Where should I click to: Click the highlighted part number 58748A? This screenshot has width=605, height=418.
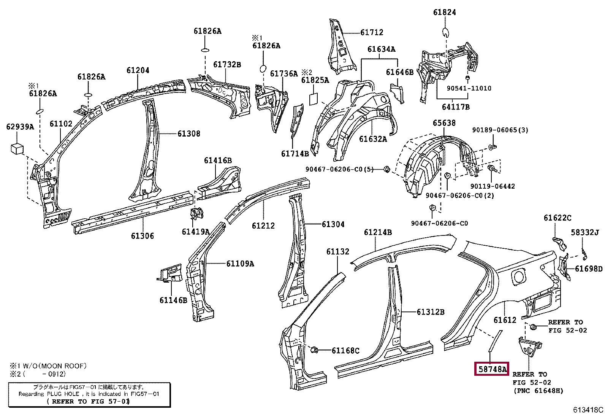point(492,369)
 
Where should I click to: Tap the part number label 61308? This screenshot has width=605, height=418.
point(188,134)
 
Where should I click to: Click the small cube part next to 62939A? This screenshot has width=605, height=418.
point(17,148)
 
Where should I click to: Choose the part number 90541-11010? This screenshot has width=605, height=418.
point(469,88)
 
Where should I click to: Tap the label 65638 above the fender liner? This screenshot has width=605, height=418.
point(444,123)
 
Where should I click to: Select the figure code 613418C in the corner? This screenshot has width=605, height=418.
point(588,410)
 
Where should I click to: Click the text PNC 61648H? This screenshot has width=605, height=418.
point(538,391)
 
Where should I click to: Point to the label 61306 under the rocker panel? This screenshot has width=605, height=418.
point(143,236)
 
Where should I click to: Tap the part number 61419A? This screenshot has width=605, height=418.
point(195,231)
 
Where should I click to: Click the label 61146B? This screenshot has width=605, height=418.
point(173,300)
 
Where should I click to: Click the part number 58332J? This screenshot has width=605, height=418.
point(587,232)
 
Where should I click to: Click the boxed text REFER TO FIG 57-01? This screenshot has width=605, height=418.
point(88,401)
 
